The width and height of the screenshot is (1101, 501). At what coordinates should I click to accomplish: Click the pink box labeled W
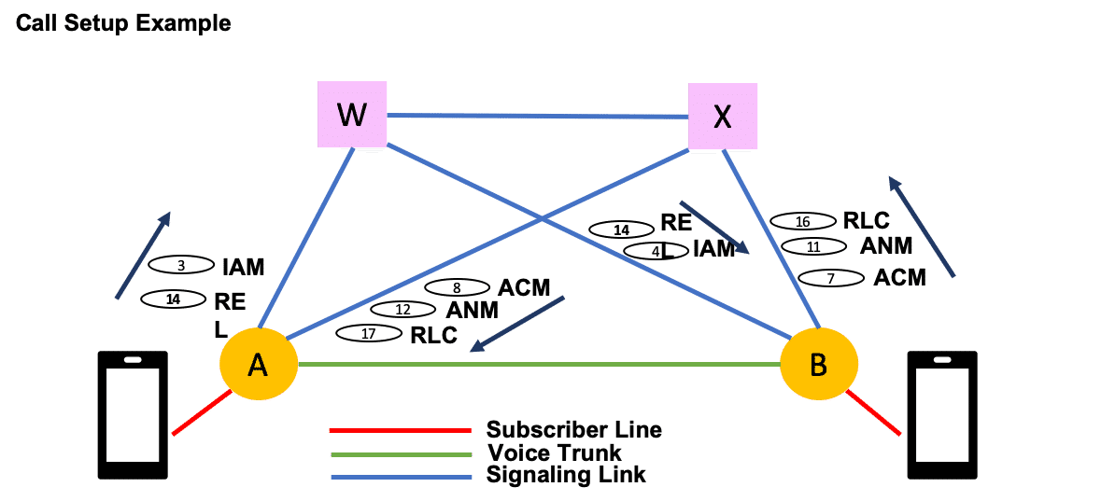pyautogui.click(x=352, y=115)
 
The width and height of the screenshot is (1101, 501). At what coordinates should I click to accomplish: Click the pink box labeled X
pyautogui.click(x=722, y=116)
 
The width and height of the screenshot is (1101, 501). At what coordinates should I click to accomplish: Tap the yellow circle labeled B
pyautogui.click(x=818, y=365)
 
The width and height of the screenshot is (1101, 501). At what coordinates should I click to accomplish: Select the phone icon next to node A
pyautogui.click(x=134, y=415)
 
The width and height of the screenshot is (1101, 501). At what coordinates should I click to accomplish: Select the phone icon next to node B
pyautogui.click(x=943, y=415)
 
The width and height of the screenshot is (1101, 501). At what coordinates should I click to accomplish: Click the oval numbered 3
pyautogui.click(x=181, y=266)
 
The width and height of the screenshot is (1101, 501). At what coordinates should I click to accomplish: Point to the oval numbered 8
pyautogui.click(x=457, y=287)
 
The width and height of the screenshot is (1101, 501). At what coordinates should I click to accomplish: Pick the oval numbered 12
pyautogui.click(x=403, y=309)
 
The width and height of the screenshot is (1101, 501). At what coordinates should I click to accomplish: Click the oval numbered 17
pyautogui.click(x=368, y=333)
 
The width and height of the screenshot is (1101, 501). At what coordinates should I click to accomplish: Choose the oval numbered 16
pyautogui.click(x=802, y=222)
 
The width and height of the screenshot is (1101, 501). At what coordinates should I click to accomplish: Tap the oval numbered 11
pyautogui.click(x=812, y=247)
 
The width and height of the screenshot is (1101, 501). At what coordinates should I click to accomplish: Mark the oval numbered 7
pyautogui.click(x=830, y=278)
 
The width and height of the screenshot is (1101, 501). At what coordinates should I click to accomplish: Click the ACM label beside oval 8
pyautogui.click(x=524, y=286)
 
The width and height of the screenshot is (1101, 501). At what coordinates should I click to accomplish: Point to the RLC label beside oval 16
pyautogui.click(x=867, y=221)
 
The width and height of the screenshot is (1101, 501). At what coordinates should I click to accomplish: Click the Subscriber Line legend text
pyautogui.click(x=573, y=430)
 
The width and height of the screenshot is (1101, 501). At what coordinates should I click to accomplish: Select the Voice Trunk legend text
pyautogui.click(x=554, y=453)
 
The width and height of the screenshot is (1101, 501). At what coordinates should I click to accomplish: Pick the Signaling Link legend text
pyautogui.click(x=566, y=476)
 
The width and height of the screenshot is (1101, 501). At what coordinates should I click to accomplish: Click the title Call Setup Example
pyautogui.click(x=123, y=23)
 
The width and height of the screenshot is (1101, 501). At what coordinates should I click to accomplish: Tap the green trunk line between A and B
pyautogui.click(x=538, y=364)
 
